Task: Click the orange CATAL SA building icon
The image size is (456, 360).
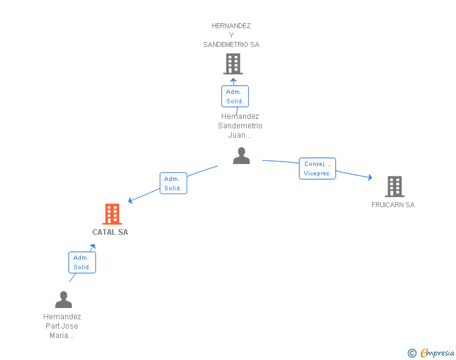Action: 112,214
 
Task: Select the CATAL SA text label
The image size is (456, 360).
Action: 110,232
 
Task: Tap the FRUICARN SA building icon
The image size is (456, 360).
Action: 395,187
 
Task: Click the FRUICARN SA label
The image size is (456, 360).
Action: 393,205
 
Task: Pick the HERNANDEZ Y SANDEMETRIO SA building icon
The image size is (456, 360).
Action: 233,64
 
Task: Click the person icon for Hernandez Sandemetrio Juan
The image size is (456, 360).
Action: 241,155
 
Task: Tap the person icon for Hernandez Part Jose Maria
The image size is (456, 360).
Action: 63,299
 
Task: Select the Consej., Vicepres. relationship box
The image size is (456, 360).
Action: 318,168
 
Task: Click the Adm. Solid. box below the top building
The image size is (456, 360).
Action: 235,96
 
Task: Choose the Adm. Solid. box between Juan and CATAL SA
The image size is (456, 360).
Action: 174,183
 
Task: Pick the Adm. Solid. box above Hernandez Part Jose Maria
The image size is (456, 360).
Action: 82,262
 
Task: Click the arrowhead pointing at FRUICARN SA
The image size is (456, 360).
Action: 370,177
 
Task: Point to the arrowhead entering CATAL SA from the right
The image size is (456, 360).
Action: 130,200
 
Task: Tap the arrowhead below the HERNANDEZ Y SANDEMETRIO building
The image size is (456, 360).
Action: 233,80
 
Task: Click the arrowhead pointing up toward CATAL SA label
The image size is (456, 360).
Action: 93,247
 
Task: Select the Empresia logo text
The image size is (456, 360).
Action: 437,352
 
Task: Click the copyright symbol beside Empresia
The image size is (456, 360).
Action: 412,353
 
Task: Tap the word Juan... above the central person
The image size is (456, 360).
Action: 240,135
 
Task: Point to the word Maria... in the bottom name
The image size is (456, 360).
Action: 61,336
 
